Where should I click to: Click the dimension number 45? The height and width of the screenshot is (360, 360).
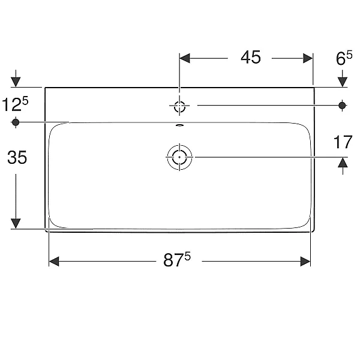[250, 58]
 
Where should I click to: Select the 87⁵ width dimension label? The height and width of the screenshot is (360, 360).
[177, 259]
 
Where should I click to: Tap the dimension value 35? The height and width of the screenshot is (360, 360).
[17, 157]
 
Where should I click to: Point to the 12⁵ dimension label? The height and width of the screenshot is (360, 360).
[15, 104]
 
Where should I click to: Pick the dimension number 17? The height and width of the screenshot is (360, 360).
[343, 142]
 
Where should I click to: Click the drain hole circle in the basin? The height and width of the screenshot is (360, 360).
[179, 157]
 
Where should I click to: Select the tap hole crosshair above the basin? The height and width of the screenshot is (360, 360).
[179, 106]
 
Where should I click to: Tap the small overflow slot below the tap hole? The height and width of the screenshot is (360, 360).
[179, 125]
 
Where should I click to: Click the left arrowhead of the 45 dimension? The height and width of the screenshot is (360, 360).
[185, 58]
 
